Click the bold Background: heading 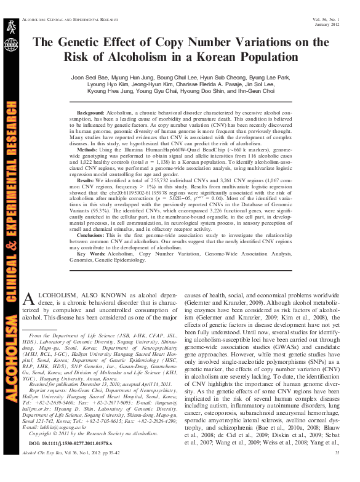[x=90, y=114]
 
